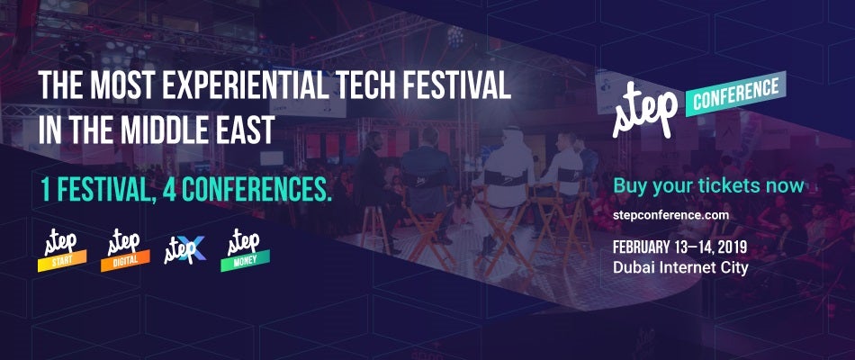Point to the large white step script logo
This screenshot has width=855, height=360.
click(644, 109)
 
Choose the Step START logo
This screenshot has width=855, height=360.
click(61, 251)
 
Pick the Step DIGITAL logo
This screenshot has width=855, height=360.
click(125, 251)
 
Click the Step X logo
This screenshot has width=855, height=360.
click(184, 251)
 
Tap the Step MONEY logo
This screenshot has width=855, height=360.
click(245, 251)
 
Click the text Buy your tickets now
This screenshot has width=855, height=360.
click(708, 185)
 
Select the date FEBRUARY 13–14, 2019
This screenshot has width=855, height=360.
click(680, 248)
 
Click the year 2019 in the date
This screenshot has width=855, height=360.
click(730, 248)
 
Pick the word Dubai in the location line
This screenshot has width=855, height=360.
click(630, 268)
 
